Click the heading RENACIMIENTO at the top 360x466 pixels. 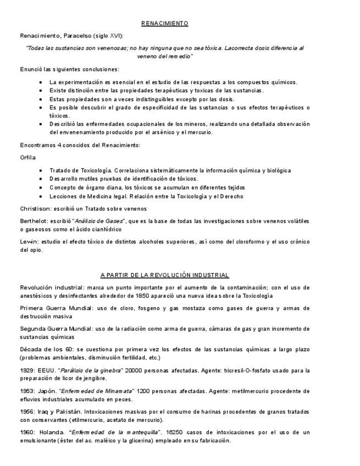(164, 24)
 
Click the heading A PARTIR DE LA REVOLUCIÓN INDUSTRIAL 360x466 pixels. (164, 275)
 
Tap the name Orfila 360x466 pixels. (27, 157)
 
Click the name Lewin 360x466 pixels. (27, 241)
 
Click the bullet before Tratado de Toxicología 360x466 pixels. (41, 170)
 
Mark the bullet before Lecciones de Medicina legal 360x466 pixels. (41, 196)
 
